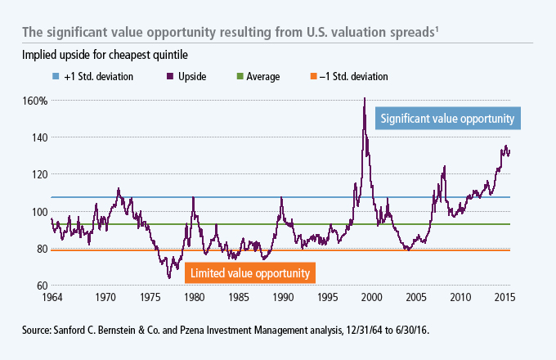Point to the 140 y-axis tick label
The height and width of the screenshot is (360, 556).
click(39, 137)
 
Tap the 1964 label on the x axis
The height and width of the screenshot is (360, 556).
click(52, 295)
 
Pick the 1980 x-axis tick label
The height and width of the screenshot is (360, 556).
click(192, 295)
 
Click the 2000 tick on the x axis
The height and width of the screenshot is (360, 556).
click(372, 295)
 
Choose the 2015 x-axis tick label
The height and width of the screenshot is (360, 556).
click(504, 295)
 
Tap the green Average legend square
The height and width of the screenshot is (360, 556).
click(238, 77)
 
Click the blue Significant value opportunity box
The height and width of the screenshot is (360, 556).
click(447, 119)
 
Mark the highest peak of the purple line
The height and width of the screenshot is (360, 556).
click(364, 98)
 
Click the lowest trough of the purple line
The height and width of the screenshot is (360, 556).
click(169, 277)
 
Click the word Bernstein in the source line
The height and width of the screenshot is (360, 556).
click(103, 330)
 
